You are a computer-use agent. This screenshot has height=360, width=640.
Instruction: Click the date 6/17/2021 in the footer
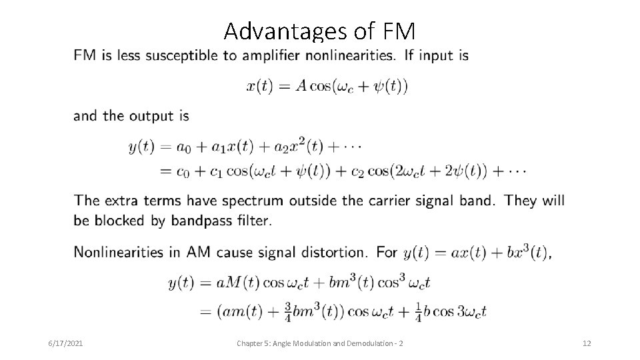click(66, 343)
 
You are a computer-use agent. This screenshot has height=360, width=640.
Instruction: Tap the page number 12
click(587, 343)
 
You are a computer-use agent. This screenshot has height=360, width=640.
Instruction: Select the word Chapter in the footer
click(251, 343)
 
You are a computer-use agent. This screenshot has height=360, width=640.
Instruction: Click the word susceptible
click(181, 55)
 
